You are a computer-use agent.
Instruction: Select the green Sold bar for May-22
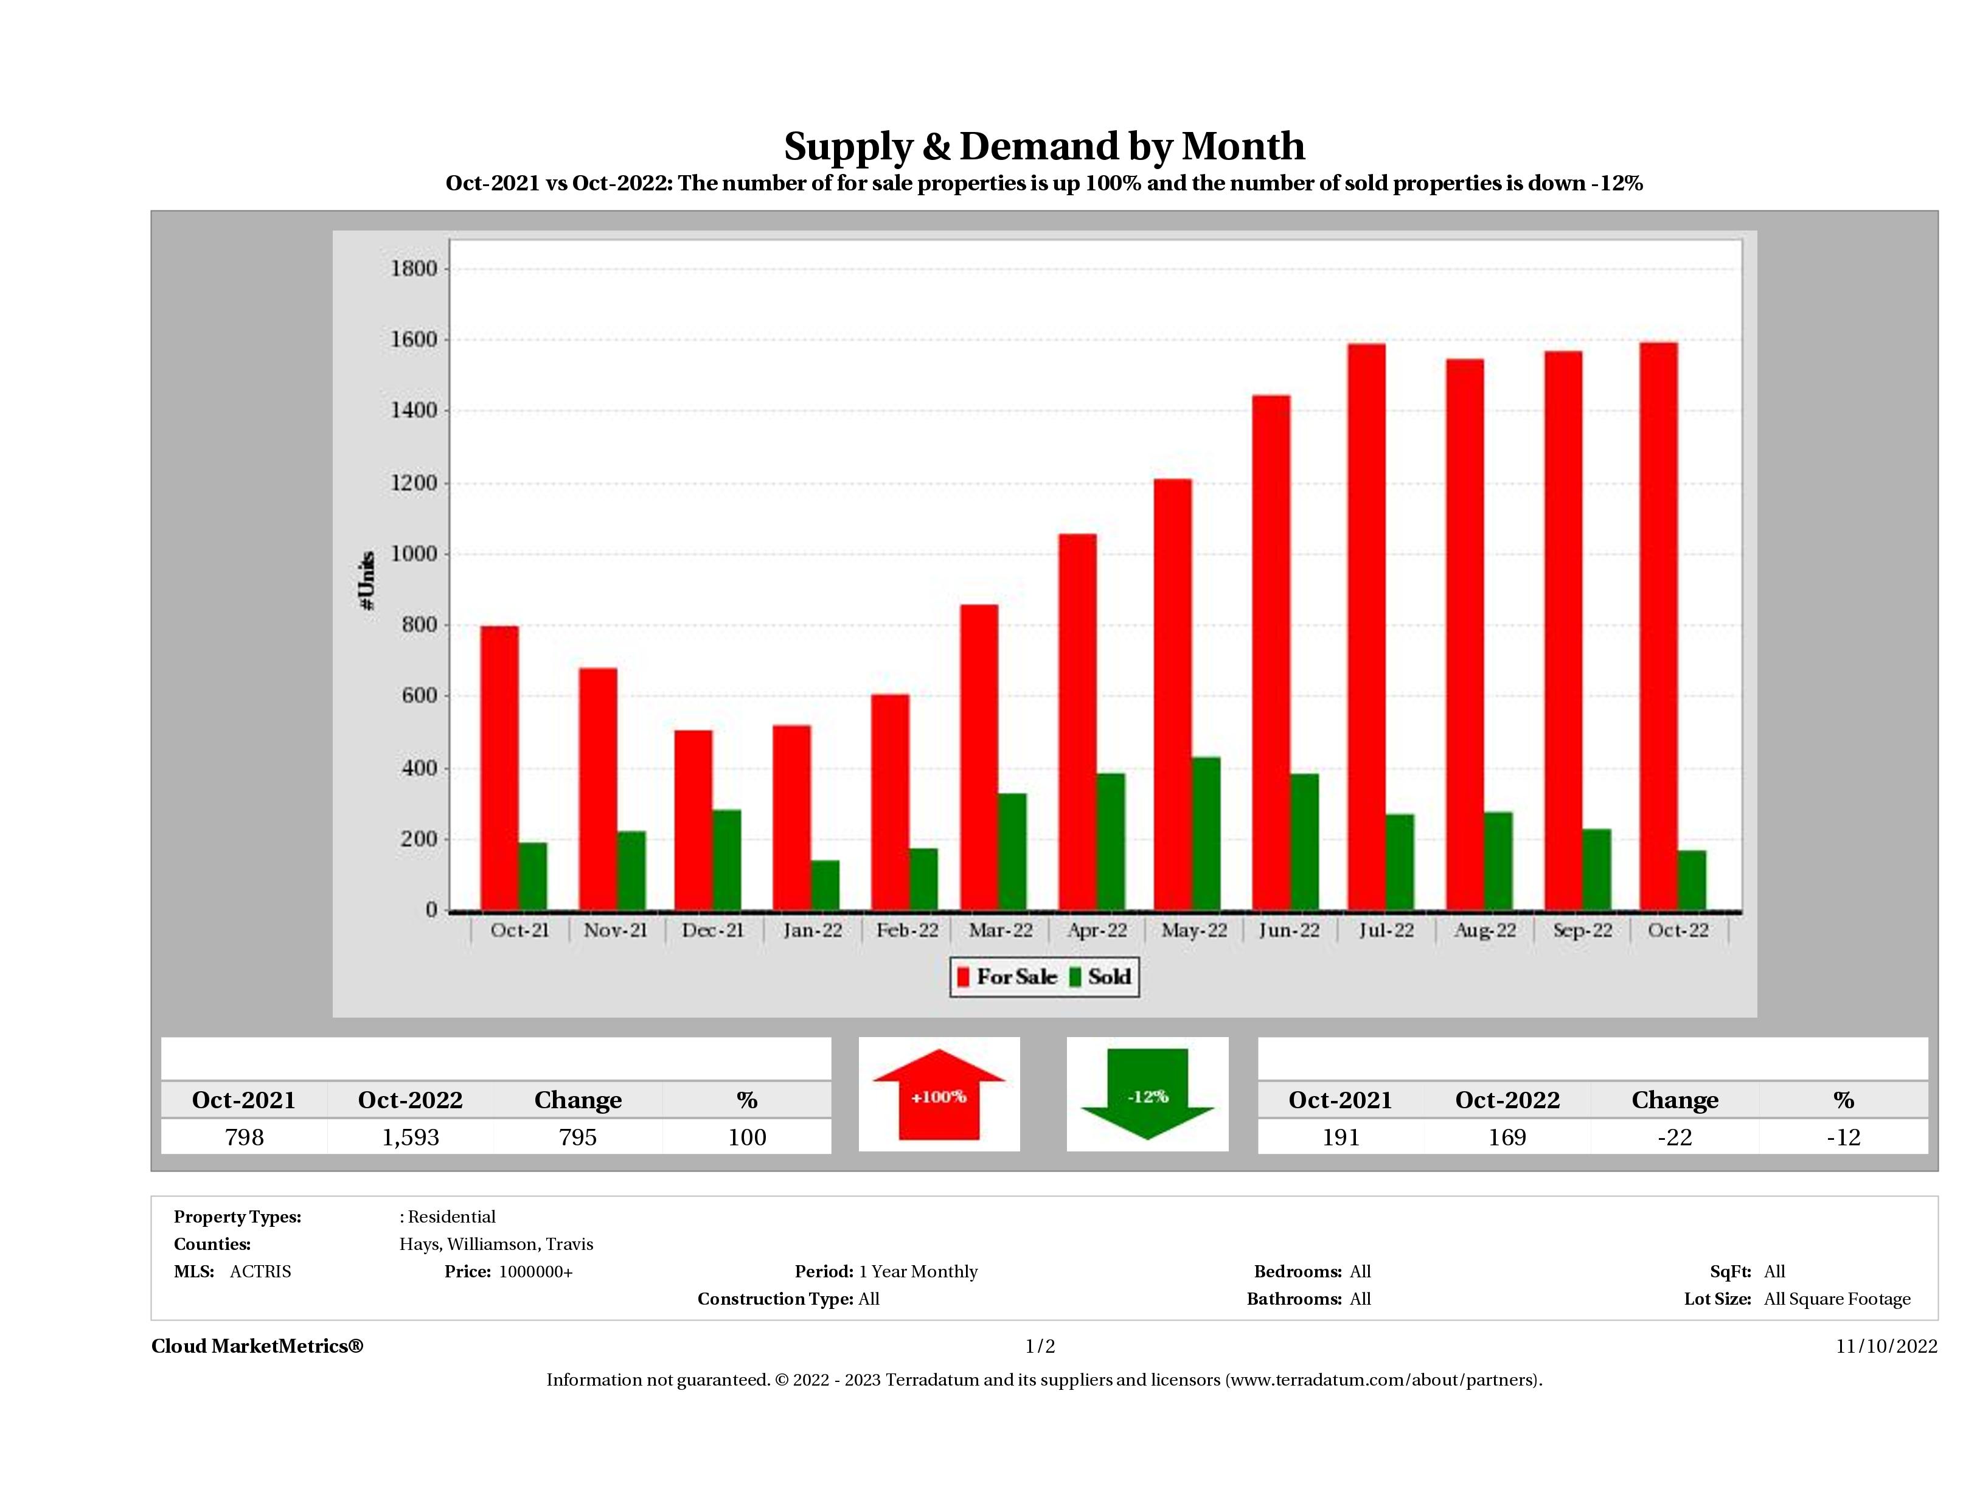click(1206, 833)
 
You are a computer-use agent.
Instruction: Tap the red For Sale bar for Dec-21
click(693, 820)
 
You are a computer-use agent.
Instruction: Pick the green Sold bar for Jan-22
click(825, 885)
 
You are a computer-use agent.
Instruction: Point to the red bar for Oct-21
click(499, 768)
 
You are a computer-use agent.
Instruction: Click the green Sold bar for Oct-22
click(1692, 880)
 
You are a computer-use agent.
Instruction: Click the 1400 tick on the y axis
click(414, 411)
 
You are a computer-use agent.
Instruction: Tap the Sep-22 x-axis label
click(1582, 930)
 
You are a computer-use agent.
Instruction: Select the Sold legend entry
click(1100, 977)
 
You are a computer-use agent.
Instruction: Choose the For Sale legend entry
click(1007, 977)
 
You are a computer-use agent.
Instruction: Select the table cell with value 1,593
click(410, 1137)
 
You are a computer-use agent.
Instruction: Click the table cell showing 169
click(1507, 1137)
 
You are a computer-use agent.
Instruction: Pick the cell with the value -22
click(1675, 1137)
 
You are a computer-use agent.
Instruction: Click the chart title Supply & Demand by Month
click(1044, 147)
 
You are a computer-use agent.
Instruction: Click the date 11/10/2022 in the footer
click(1886, 1346)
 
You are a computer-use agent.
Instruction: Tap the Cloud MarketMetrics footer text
click(257, 1346)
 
